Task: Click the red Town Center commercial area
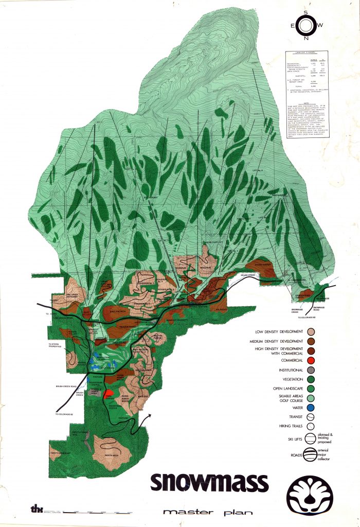[109, 394]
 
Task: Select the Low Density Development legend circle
[312, 332]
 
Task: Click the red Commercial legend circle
[312, 361]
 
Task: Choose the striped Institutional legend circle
[312, 370]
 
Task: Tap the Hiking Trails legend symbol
[312, 426]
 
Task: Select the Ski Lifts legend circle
[312, 438]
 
